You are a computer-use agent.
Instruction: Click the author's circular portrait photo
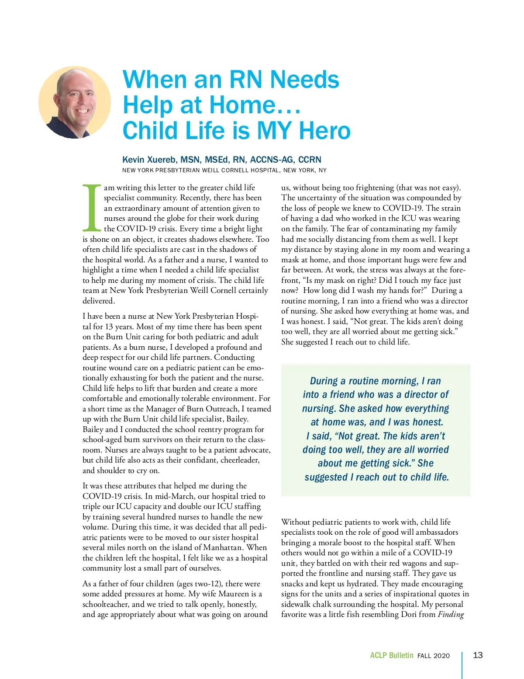75,102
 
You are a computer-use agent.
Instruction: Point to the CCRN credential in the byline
310,160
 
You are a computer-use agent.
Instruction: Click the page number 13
478,655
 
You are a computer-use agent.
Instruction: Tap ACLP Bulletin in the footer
391,655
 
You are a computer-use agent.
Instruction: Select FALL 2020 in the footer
433,656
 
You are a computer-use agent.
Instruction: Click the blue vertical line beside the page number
462,665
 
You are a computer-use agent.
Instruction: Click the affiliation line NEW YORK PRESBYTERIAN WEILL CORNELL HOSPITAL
224,170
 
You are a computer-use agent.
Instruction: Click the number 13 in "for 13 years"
110,327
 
